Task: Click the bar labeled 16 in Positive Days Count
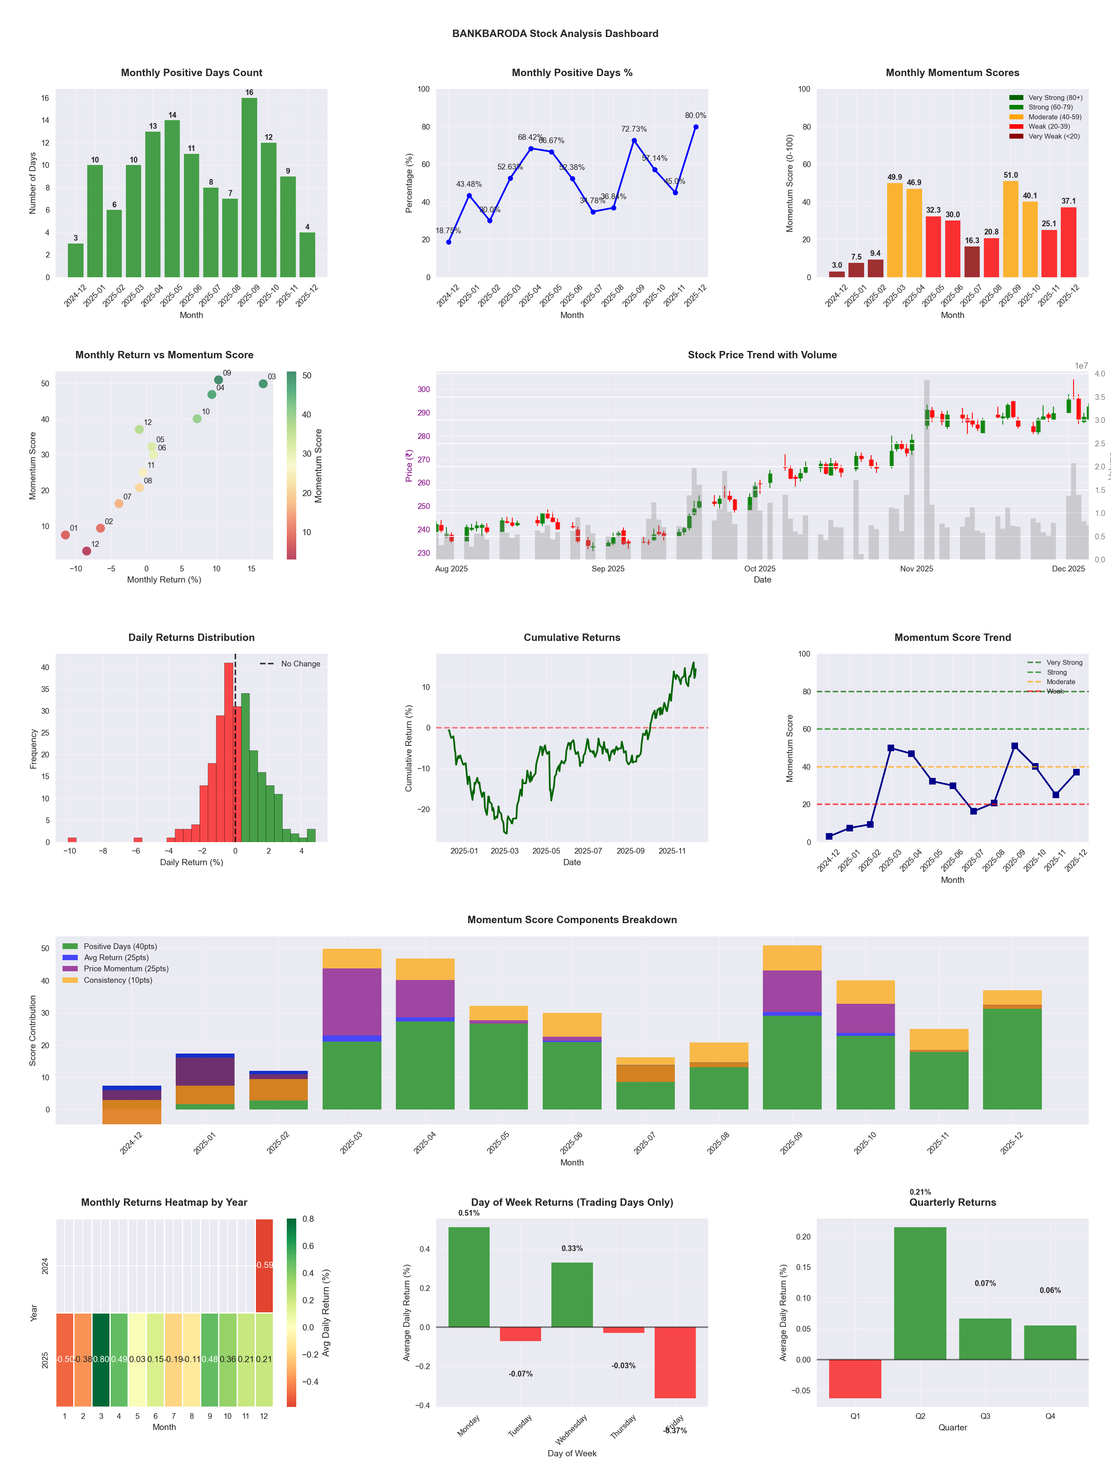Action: (249, 188)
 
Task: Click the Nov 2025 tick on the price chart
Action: (916, 569)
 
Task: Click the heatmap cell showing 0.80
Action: (101, 1359)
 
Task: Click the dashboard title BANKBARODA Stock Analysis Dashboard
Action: (555, 33)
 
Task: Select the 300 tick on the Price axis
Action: (423, 389)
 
